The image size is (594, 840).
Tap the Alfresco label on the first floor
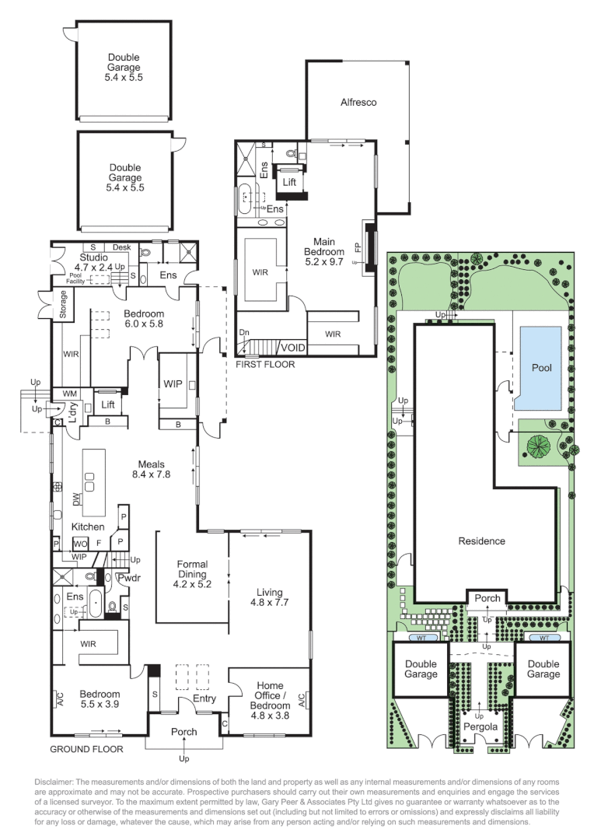click(358, 102)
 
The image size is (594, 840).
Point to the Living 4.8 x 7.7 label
click(270, 597)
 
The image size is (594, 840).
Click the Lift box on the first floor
click(289, 182)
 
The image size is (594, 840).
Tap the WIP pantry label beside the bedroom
click(173, 384)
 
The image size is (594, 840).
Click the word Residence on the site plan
click(481, 541)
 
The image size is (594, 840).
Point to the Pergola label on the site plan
click(480, 726)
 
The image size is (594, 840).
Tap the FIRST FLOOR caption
click(265, 364)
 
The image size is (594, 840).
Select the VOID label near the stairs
click(292, 348)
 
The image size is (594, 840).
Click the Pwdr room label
click(128, 578)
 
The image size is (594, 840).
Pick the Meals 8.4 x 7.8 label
click(151, 469)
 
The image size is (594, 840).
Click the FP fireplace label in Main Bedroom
click(358, 247)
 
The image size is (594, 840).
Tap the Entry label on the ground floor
click(204, 699)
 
